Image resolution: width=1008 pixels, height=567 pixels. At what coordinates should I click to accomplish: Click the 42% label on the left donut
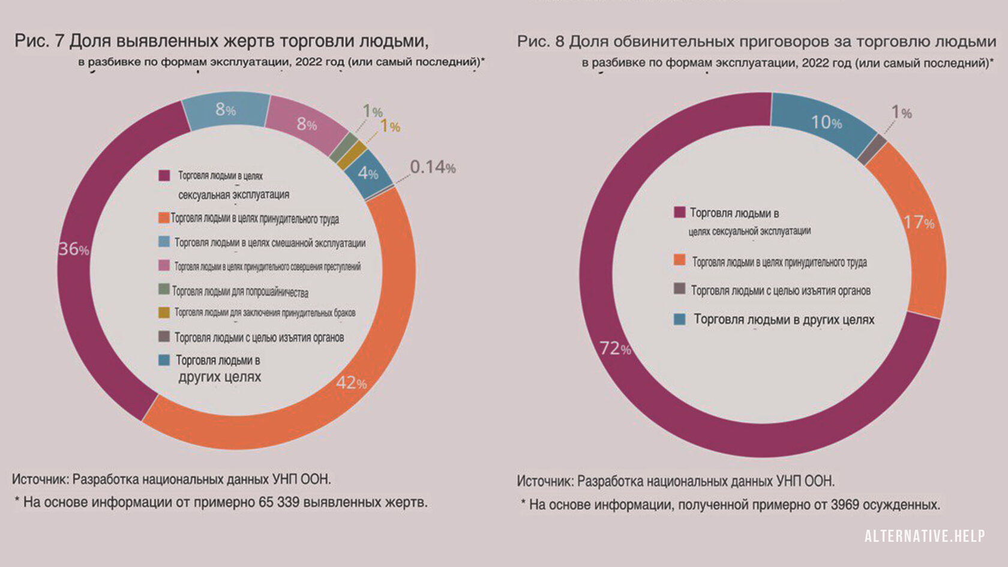click(x=352, y=383)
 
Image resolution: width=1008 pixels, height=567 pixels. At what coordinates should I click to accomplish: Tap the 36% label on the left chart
click(x=73, y=249)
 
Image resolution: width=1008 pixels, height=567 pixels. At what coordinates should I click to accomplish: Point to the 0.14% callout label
click(x=433, y=167)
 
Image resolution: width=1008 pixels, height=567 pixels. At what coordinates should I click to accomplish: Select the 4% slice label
click(x=368, y=173)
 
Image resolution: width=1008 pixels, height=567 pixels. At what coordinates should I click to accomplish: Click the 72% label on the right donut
click(x=616, y=348)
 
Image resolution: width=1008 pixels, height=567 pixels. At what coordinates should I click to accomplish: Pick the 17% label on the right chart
click(x=919, y=223)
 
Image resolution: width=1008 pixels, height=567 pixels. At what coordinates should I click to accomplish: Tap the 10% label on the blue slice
click(x=826, y=122)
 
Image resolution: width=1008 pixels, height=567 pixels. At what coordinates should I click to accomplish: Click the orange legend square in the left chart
click(x=163, y=218)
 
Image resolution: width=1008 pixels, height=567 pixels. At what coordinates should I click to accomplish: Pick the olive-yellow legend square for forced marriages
click(x=163, y=313)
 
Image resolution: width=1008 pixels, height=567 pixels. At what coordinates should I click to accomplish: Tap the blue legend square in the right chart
click(x=679, y=319)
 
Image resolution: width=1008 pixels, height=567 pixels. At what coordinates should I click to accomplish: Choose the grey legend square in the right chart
click(x=679, y=289)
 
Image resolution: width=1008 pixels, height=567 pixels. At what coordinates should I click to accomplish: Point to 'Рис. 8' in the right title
click(x=541, y=41)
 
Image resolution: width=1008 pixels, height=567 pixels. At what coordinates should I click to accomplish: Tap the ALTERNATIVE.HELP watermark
click(x=924, y=536)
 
